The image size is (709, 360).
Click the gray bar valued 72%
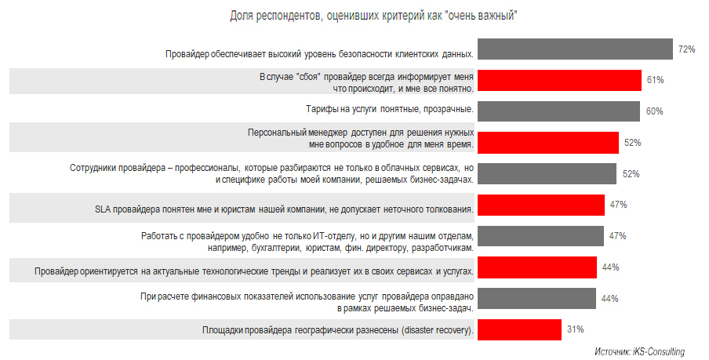(575, 49)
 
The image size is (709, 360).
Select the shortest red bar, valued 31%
(518, 329)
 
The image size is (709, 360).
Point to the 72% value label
(687, 49)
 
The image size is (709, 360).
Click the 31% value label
(575, 329)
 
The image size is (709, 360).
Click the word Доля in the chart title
(241, 16)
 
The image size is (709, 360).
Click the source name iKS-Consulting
(659, 351)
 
